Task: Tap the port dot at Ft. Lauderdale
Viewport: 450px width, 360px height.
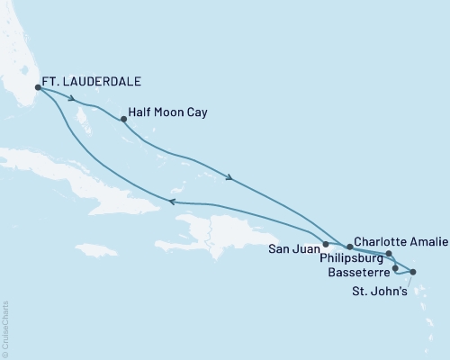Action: [38, 87]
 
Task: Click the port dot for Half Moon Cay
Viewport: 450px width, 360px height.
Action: [123, 119]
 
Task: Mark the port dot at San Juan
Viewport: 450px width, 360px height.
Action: [326, 244]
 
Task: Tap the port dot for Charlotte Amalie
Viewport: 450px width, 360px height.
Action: [350, 246]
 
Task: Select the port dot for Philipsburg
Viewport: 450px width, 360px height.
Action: [389, 254]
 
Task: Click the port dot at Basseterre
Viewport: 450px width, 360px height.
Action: [396, 268]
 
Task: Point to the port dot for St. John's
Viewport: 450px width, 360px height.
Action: [413, 271]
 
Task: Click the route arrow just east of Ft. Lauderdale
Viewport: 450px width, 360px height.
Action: [69, 98]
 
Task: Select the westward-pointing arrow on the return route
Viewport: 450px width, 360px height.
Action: [172, 203]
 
